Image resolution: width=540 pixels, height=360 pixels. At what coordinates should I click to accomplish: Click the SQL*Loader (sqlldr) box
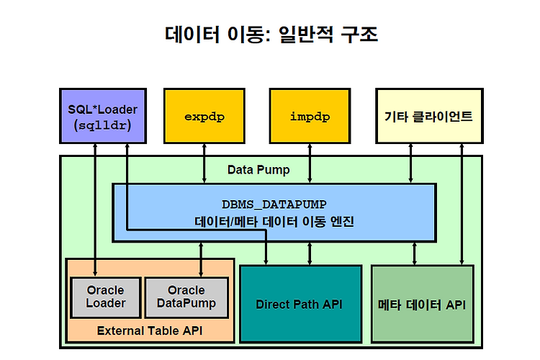point(103,116)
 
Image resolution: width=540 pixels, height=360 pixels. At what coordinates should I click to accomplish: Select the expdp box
point(204,116)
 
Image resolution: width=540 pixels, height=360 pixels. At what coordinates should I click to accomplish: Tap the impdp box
point(310,116)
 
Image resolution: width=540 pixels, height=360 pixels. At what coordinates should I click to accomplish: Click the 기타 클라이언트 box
point(429,116)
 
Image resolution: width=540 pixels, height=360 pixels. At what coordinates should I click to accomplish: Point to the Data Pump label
point(258,170)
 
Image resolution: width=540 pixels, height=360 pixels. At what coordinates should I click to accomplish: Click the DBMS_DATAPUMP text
point(274,204)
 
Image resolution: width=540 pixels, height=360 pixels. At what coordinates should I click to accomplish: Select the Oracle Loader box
point(106,297)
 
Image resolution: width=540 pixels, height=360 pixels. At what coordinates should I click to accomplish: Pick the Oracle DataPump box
point(186,297)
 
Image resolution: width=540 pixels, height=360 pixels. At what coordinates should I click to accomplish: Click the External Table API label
point(150,330)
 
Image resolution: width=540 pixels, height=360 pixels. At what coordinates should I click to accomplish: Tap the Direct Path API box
point(301,304)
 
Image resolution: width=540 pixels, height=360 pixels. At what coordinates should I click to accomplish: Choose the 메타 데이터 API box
point(423,304)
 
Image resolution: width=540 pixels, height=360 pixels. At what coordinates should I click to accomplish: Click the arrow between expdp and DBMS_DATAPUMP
point(204,163)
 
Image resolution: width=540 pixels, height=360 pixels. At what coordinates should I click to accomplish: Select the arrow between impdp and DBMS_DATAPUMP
point(310,163)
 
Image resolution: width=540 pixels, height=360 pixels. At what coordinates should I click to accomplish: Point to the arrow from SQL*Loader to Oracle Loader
point(95,210)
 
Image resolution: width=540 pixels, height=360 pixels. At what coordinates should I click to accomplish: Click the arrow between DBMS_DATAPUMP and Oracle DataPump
point(201,259)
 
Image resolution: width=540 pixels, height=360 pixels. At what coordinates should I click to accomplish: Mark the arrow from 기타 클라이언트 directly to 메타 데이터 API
point(462,204)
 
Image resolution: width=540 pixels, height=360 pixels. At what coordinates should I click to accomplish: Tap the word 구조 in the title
point(359,35)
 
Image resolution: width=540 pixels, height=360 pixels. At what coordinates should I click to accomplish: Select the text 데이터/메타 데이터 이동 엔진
point(274,221)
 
